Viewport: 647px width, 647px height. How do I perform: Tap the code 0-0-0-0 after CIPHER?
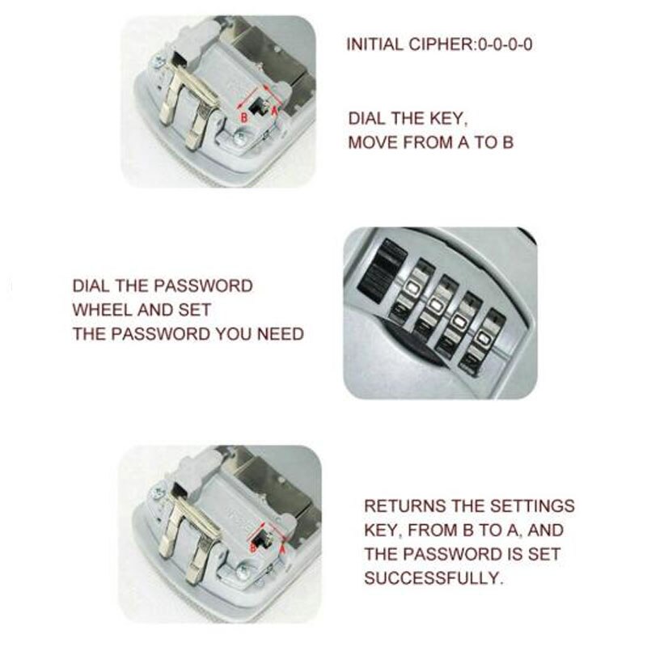(x=505, y=44)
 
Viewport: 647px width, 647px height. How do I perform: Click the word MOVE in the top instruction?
(x=373, y=142)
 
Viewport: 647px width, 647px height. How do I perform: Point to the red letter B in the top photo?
(x=244, y=117)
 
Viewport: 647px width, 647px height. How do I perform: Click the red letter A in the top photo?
(x=274, y=109)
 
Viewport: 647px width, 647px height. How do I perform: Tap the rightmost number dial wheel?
(x=483, y=342)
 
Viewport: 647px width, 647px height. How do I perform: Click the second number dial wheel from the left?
(x=435, y=308)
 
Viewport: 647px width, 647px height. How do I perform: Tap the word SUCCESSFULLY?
(x=433, y=577)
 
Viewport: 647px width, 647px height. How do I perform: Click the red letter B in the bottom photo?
(x=254, y=548)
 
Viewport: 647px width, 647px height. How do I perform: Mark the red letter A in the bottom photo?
(x=282, y=549)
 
